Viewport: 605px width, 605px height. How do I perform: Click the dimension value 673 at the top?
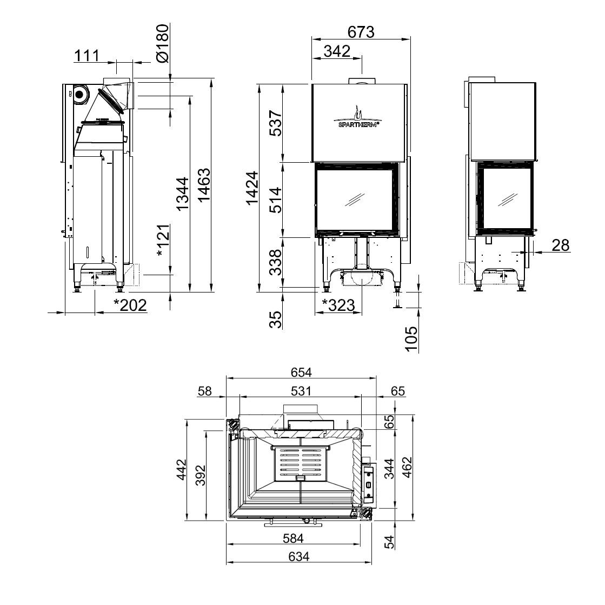pos(361,32)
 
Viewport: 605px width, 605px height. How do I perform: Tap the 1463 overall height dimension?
pos(204,184)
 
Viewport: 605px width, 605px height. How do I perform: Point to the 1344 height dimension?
pos(183,194)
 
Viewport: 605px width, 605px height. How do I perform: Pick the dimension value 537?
pos(276,123)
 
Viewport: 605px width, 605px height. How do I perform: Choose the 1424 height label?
pos(252,188)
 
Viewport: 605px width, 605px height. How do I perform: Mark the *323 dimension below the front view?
pos(338,305)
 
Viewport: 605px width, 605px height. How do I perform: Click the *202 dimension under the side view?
pos(130,305)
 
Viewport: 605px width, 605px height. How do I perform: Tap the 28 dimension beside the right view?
pos(561,245)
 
